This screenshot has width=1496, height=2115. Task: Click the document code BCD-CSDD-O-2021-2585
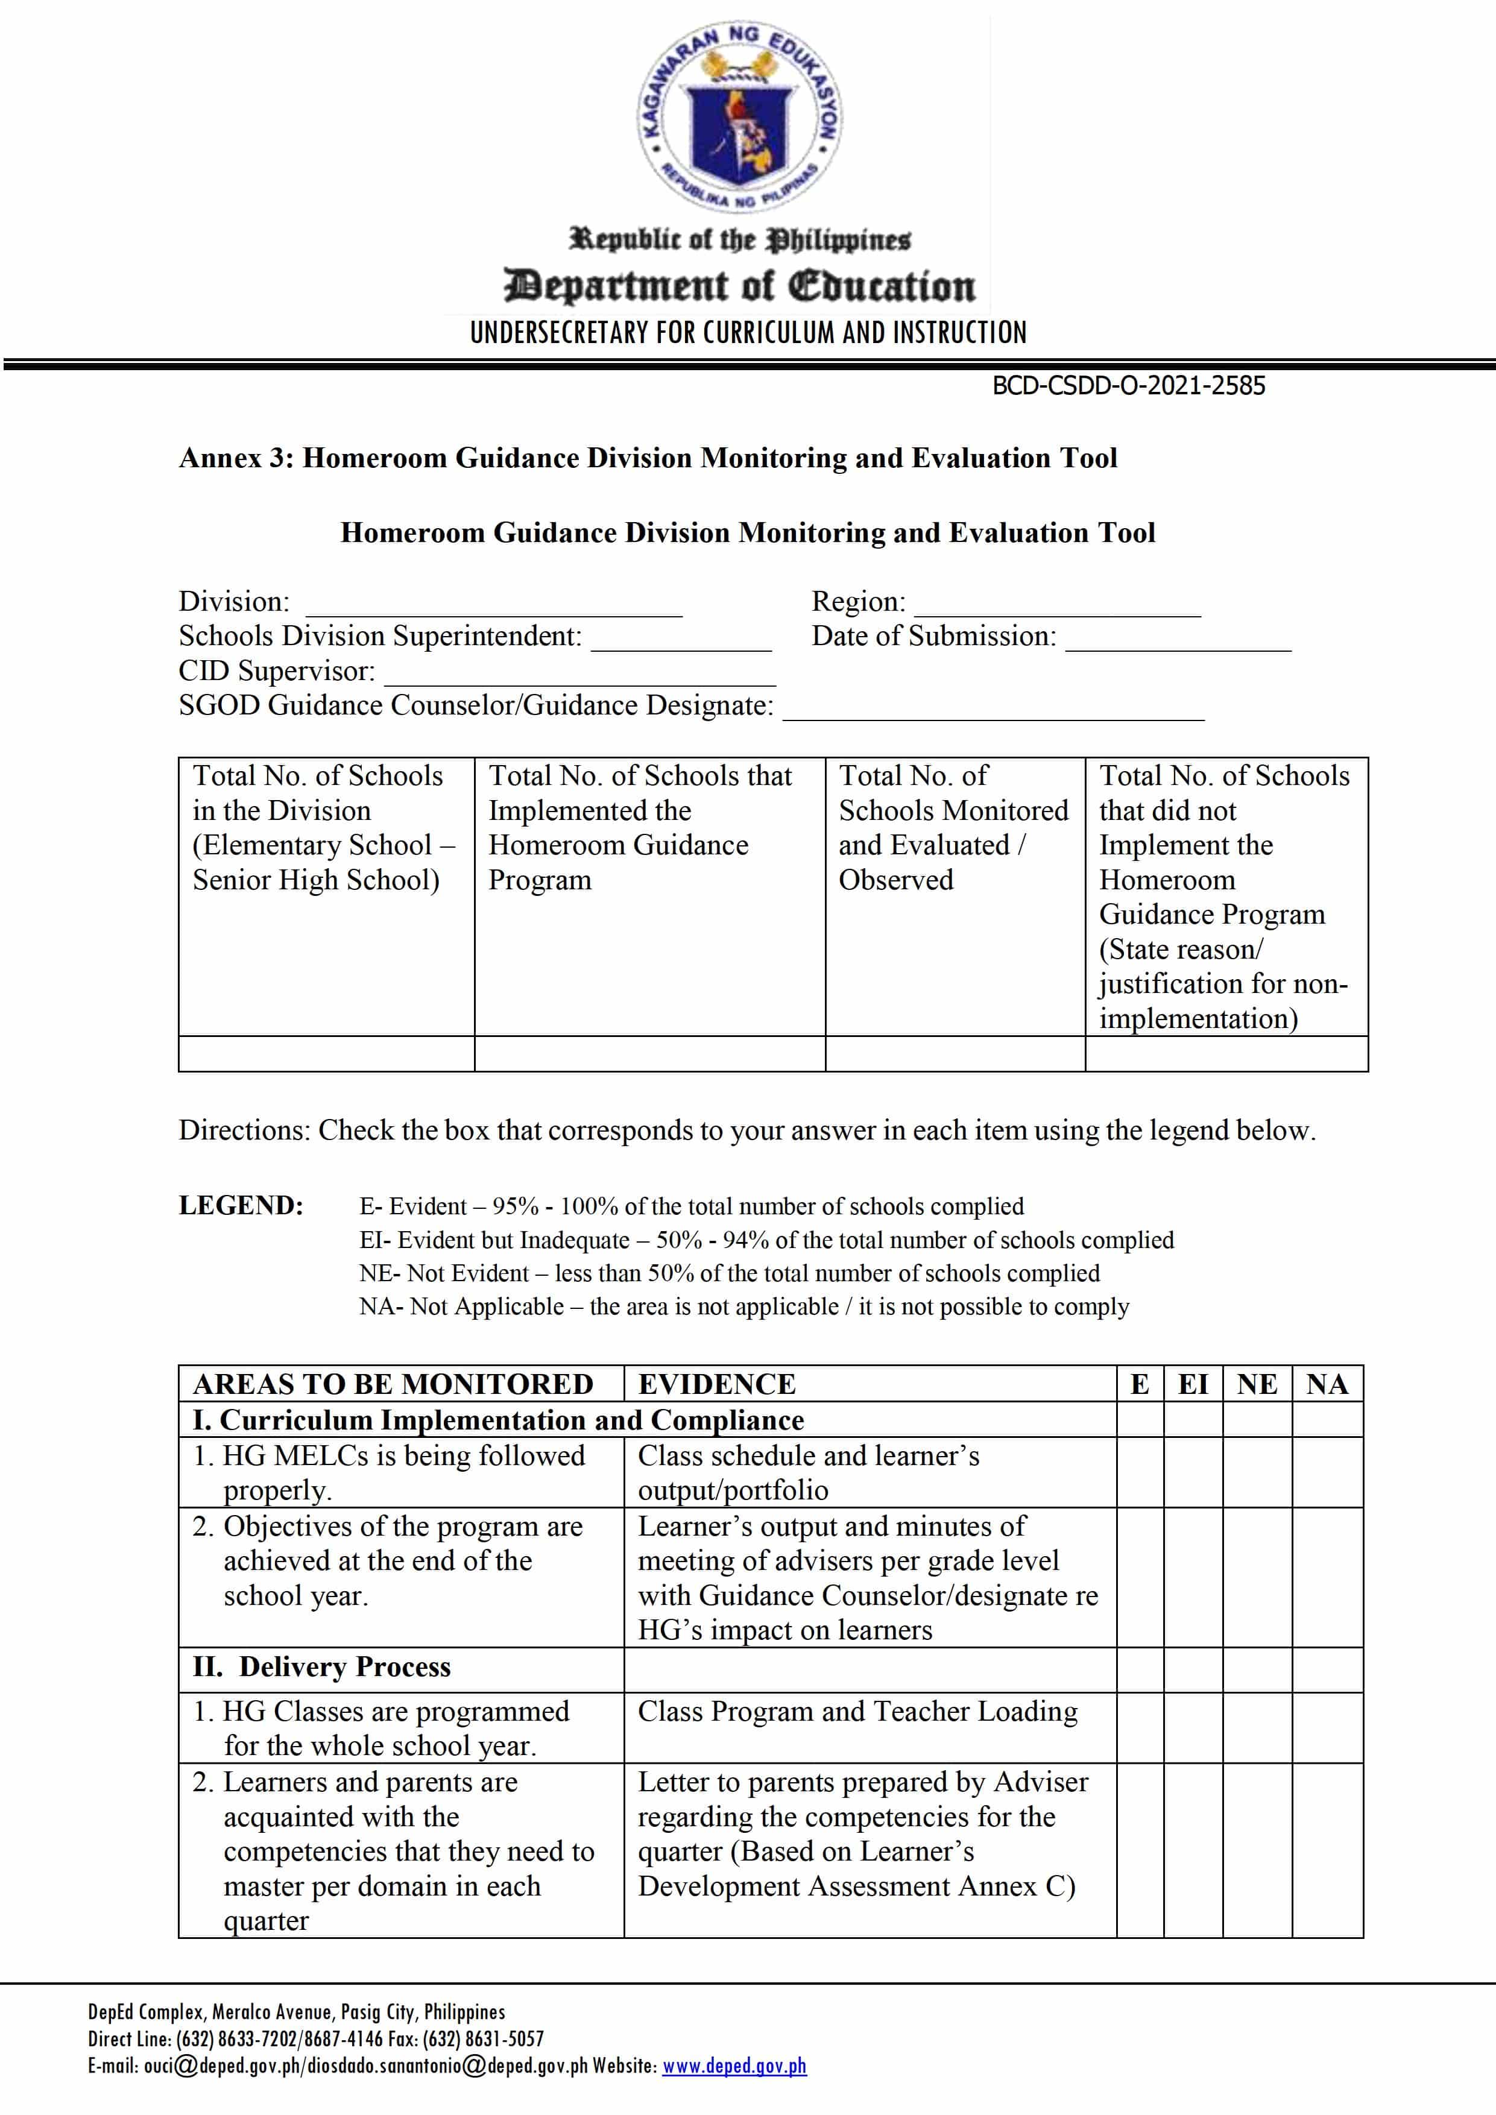(1128, 386)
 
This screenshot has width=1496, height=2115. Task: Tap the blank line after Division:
(494, 608)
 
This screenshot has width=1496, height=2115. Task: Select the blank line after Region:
(1058, 608)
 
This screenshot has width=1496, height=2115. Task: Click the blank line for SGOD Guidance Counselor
(993, 712)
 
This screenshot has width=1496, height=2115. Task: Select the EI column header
(1192, 1384)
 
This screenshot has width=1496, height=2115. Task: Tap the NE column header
(1257, 1384)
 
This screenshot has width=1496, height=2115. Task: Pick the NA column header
(1327, 1384)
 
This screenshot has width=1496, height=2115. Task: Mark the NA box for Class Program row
(1327, 1727)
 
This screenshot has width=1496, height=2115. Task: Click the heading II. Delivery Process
(321, 1666)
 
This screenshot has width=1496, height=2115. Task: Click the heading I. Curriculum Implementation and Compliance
(497, 1419)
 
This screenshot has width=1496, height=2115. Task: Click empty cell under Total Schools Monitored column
(955, 1053)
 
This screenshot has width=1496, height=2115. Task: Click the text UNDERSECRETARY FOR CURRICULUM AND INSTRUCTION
(747, 333)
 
